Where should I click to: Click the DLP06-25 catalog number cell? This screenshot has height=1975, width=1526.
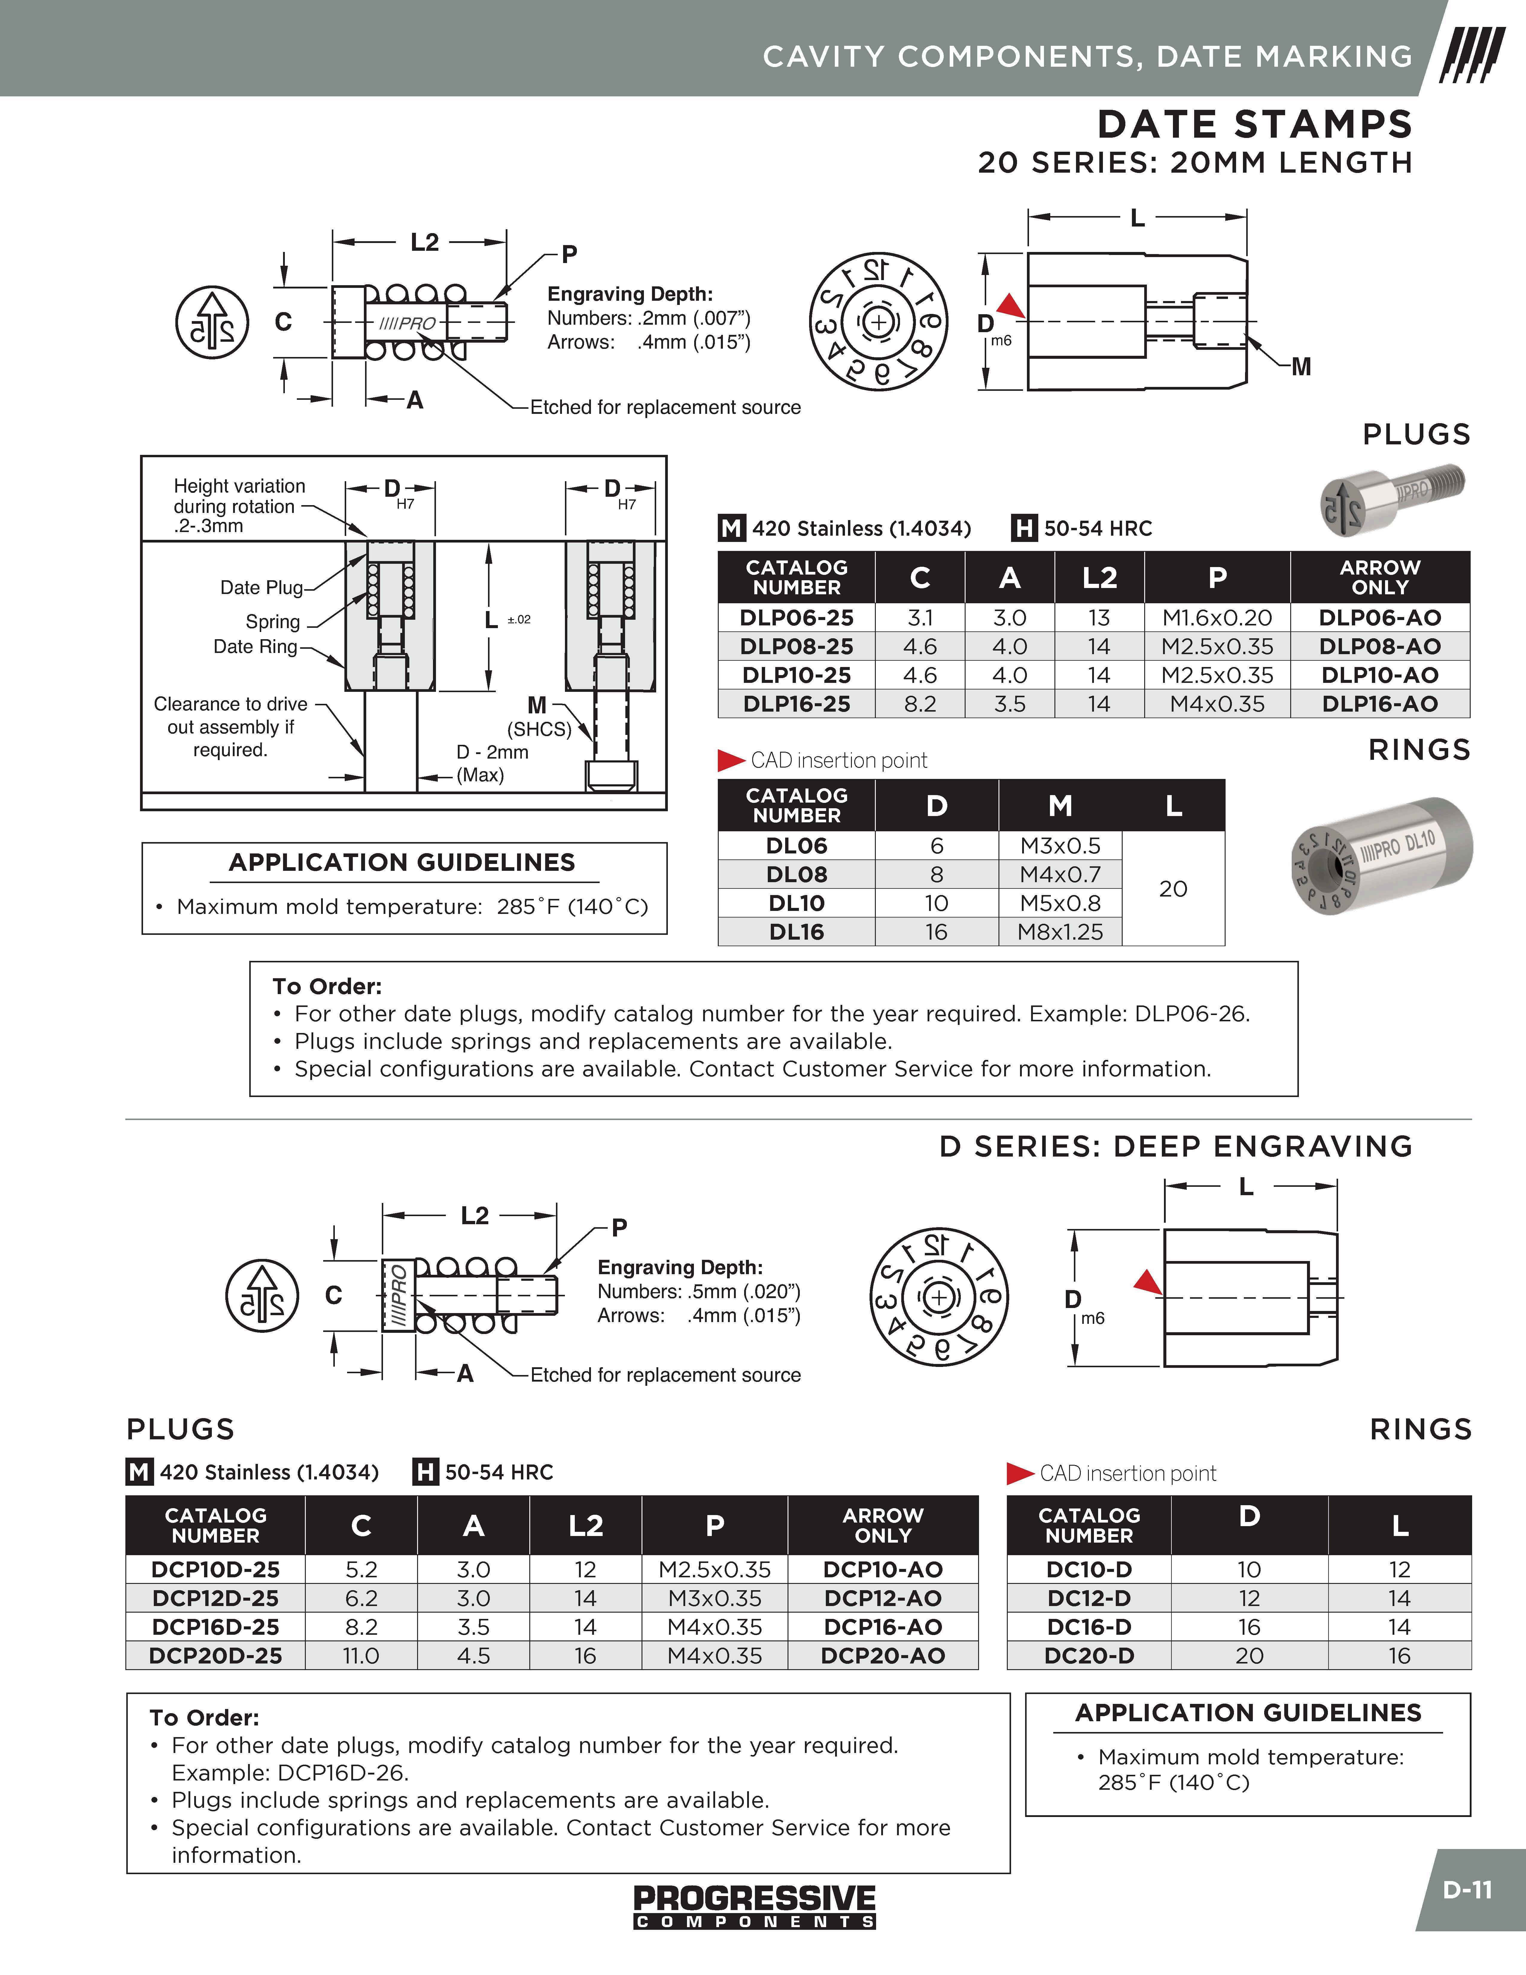point(797,618)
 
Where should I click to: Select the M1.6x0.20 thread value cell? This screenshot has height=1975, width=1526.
point(1217,618)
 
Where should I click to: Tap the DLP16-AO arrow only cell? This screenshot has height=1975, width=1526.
point(1380,704)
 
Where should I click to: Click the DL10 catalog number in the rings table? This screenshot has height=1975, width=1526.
point(797,903)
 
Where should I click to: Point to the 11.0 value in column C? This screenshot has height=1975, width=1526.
point(361,1656)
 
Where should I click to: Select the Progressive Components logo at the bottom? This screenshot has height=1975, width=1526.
point(755,1906)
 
